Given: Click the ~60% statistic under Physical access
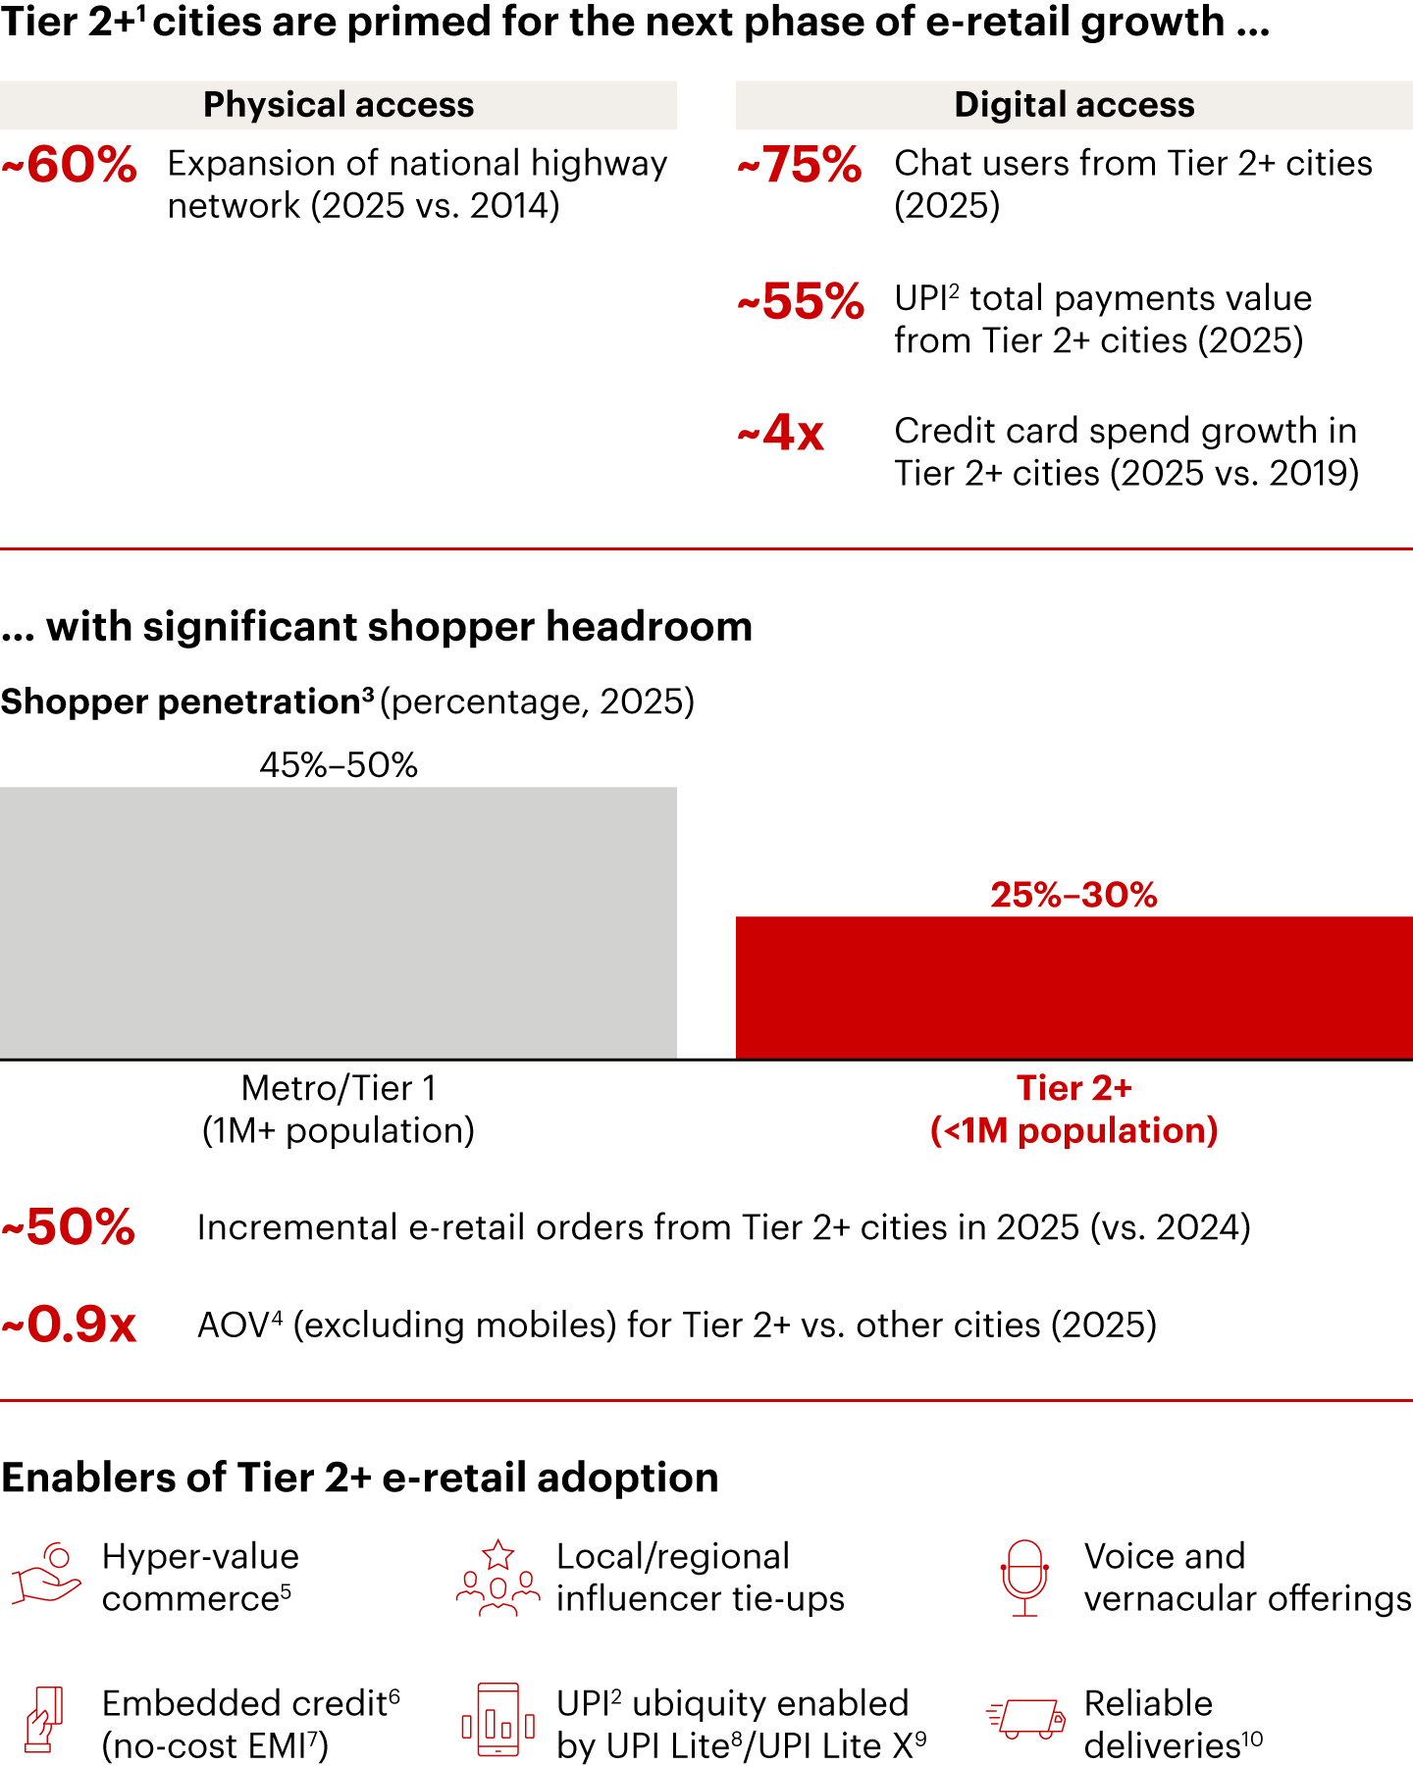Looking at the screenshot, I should pos(69,165).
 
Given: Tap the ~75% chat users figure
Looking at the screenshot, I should pos(800,165).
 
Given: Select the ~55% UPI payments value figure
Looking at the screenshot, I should pos(801,301).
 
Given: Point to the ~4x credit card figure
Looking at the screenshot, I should pos(781,433).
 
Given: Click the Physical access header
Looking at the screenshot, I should pos(339,105).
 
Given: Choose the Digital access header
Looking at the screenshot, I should pos(1074,105).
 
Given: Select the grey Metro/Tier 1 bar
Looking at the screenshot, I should pos(339,922).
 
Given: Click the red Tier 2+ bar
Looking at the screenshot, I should pos(1074,987).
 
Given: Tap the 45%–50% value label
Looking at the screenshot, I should pos(339,764).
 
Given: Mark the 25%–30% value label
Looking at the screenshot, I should pos(1074,895).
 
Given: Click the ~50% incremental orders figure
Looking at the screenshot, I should pos(69,1227).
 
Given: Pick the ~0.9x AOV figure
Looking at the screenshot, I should pos(69,1324).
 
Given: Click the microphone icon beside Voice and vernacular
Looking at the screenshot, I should pos(1024,1577).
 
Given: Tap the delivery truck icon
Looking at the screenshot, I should pos(1025,1719).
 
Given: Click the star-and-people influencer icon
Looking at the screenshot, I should pos(498,1577).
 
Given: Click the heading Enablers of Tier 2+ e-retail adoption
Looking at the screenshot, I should pos(360,1478).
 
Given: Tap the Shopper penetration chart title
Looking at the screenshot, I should pos(347,701).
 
